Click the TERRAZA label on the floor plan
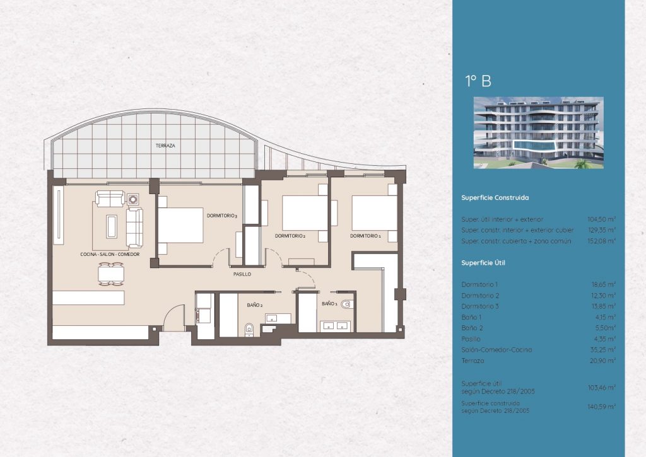(165, 146)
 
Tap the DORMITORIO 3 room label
(221, 216)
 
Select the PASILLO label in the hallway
(242, 274)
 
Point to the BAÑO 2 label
(255, 305)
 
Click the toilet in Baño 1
(346, 304)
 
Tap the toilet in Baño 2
(249, 328)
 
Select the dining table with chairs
(111, 274)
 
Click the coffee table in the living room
(112, 226)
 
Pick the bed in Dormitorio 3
(181, 225)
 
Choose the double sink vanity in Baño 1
(336, 326)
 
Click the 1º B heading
(478, 81)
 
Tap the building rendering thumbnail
(539, 132)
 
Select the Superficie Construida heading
(495, 198)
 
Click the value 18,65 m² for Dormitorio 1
(603, 284)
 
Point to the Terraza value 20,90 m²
(602, 361)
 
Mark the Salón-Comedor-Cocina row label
(496, 350)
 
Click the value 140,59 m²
(601, 407)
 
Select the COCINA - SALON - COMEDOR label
(110, 255)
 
